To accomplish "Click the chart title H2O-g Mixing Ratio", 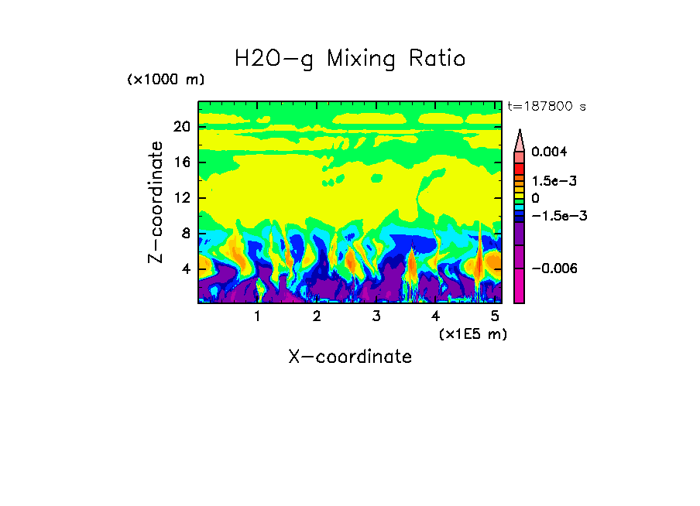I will coord(350,59).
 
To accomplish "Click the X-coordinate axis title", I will coord(350,357).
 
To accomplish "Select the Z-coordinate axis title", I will coord(156,202).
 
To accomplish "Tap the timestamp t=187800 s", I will coord(546,106).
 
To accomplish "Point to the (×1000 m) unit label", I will coord(166,80).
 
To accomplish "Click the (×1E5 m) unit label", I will coord(472,333).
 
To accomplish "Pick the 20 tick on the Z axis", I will coord(181,127).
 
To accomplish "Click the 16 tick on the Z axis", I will coord(181,162).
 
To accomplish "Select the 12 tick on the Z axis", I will coord(181,197).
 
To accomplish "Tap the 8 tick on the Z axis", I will coord(185,233).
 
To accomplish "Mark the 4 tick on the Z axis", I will coord(185,268).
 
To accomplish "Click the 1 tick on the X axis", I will coord(257,316).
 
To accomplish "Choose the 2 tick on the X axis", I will coord(317,316).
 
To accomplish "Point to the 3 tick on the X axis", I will coord(376,316).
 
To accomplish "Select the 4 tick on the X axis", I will coord(435,316).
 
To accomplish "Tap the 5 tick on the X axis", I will coord(495,316).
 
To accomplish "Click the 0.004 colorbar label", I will coord(549,152).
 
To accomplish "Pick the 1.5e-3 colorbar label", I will coord(554,180).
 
